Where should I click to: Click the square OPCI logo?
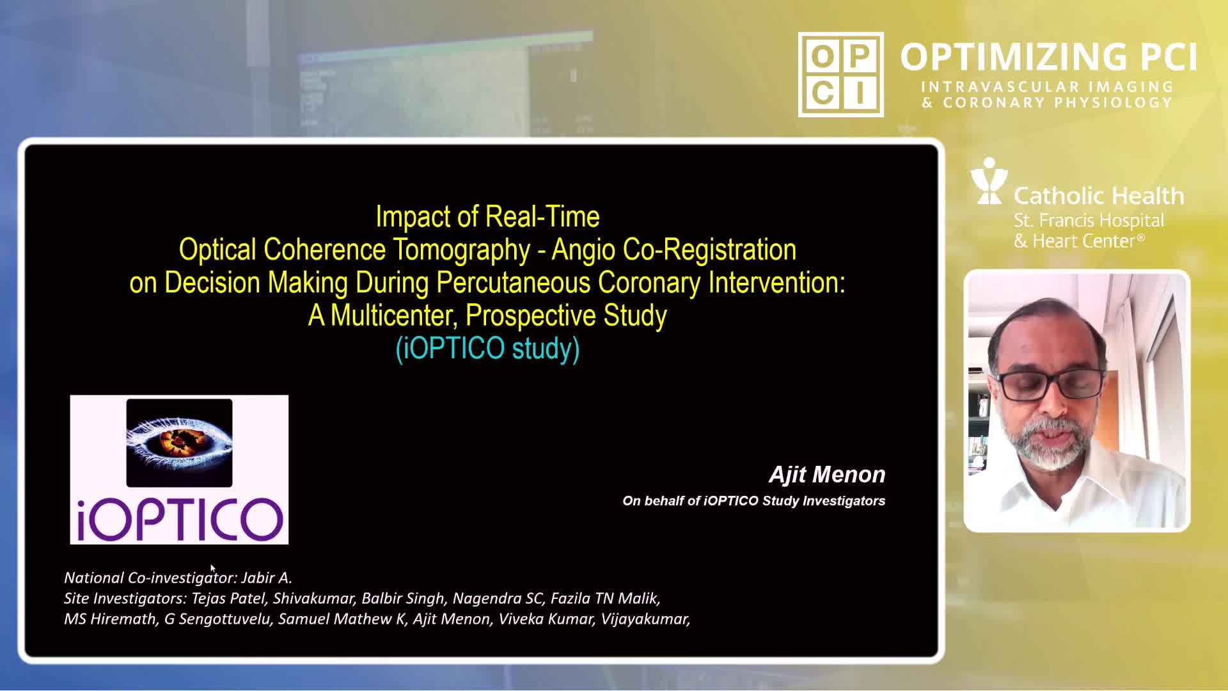pos(841,74)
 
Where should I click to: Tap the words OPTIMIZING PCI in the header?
pos(1049,57)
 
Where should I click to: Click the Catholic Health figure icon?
pos(989,181)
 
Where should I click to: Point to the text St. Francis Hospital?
pos(1089,221)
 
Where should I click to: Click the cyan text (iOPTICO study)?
pos(488,349)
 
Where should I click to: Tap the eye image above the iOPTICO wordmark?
pos(179,443)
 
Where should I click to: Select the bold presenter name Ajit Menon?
pos(827,475)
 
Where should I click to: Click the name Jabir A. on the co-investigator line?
pos(267,578)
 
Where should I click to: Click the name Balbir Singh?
pos(403,598)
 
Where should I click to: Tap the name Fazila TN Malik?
pos(605,598)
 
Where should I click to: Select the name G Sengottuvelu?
pos(217,619)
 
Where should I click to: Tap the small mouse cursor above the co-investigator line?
pos(213,568)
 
